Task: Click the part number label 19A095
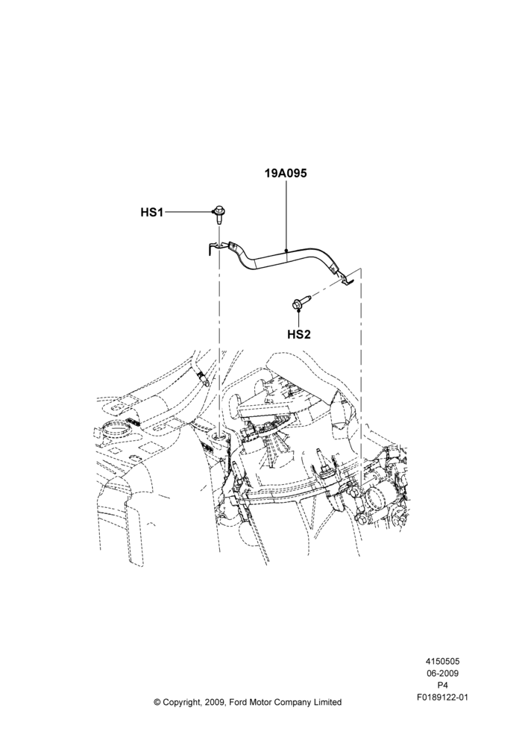286,173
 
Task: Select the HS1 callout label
151,212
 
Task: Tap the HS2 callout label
299,334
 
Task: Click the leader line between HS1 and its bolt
188,212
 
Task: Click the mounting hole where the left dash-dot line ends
219,436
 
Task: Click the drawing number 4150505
442,661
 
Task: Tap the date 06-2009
442,673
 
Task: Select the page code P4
442,686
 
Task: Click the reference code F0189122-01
442,698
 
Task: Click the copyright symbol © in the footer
157,702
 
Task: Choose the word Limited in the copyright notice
327,702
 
